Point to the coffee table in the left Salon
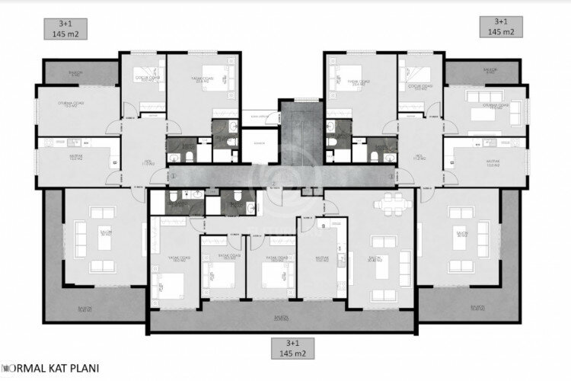[101, 238]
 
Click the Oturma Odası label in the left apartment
[69, 104]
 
